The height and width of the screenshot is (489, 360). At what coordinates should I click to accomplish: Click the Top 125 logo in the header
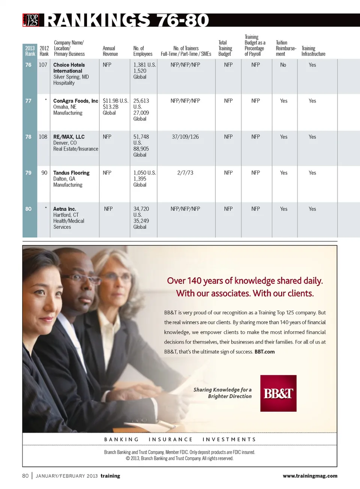[x=31, y=20]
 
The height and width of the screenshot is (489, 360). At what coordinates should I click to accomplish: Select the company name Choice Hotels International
[x=69, y=68]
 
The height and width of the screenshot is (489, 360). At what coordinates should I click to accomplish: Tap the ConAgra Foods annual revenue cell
[x=115, y=107]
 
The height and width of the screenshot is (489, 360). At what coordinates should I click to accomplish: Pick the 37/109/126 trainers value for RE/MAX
[x=185, y=137]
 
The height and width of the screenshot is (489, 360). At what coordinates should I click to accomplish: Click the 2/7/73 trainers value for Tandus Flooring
[x=185, y=173]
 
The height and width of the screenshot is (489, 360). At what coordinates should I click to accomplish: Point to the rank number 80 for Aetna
[x=28, y=209]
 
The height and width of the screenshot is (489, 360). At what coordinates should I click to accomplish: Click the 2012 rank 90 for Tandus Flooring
[x=44, y=173]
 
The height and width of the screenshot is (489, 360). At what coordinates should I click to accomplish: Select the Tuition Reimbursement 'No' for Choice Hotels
[x=283, y=65]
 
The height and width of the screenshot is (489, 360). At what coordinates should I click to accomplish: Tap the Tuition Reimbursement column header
[x=286, y=48]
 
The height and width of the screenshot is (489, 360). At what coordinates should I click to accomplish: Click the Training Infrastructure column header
[x=313, y=51]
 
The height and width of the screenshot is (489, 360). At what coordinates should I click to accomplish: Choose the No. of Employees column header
[x=142, y=51]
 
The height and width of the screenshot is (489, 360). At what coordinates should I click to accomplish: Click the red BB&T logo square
[x=278, y=393]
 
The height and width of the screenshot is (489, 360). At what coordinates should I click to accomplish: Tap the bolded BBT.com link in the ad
[x=264, y=351]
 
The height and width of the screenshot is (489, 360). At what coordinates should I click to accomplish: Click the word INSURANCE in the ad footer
[x=171, y=439]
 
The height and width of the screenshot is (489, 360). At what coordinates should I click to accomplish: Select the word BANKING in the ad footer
[x=121, y=439]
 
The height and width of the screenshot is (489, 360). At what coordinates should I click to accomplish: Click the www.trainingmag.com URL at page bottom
[x=310, y=476]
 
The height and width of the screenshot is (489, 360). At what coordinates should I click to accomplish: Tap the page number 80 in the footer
[x=25, y=476]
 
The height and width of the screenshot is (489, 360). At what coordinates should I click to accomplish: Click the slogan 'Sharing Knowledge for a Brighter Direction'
[x=223, y=393]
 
